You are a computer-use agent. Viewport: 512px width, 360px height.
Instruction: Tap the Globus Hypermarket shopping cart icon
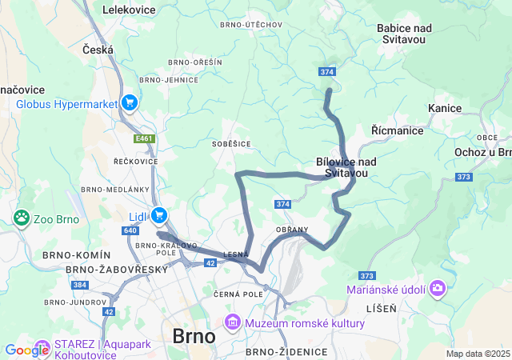[130, 102]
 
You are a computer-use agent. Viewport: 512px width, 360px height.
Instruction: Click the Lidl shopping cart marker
[158, 214]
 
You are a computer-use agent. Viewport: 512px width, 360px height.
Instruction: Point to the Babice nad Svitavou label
[404, 34]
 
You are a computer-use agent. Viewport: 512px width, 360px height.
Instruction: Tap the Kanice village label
[444, 107]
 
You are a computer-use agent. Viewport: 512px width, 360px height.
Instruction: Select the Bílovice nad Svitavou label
[346, 166]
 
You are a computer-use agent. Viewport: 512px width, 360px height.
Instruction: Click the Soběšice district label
[231, 144]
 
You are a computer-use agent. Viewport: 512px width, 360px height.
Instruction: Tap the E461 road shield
[144, 138]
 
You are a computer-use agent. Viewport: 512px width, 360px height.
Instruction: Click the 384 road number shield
[79, 285]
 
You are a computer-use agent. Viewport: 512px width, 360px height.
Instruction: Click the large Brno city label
[193, 336]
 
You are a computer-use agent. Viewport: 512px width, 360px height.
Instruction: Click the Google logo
[26, 350]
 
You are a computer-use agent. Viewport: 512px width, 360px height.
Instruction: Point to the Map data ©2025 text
[478, 354]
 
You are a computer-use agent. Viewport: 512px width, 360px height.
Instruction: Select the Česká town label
[98, 50]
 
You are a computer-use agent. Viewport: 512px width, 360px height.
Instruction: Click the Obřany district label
[291, 230]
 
